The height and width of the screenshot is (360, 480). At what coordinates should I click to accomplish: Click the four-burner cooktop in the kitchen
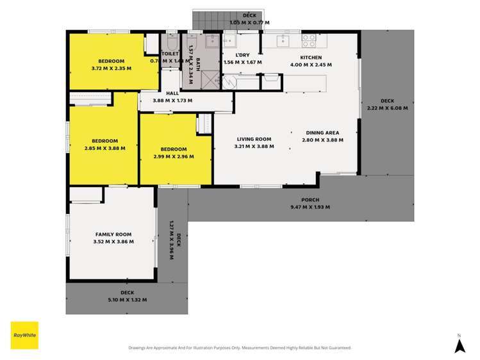tap(309, 41)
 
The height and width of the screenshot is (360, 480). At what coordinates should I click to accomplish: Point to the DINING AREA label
tap(322, 132)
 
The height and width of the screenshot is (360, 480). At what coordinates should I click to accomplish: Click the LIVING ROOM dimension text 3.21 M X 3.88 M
tap(254, 147)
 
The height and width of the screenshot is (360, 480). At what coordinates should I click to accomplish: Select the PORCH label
tap(310, 200)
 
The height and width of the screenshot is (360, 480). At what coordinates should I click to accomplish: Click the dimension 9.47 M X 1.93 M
tap(310, 207)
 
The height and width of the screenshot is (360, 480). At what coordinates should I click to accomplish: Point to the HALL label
tap(172, 94)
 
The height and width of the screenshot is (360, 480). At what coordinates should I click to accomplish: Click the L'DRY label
tap(242, 55)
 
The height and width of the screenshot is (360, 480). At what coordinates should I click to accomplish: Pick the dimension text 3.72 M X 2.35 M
tap(111, 68)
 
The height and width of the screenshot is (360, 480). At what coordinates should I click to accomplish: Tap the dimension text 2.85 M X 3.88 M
tap(104, 148)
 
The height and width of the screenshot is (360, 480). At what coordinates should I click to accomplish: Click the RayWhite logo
tap(24, 335)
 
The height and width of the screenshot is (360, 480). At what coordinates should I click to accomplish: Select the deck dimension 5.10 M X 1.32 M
tap(127, 300)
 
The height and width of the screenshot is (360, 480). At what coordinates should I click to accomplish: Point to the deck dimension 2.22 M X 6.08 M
tap(387, 108)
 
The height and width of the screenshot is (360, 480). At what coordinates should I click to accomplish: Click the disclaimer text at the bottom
tap(240, 348)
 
